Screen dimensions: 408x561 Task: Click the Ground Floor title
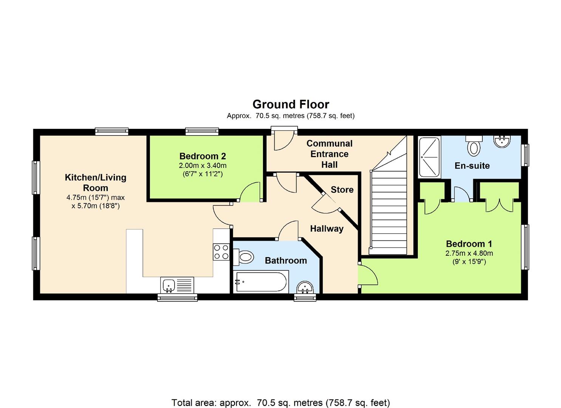[x=291, y=104]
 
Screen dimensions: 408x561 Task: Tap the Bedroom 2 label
[x=202, y=156]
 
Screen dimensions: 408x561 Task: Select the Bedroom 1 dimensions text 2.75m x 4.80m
[x=469, y=253]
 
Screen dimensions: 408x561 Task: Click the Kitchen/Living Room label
[x=96, y=182]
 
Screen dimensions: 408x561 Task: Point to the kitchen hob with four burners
[x=221, y=252]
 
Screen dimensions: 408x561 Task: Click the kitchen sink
[x=168, y=284]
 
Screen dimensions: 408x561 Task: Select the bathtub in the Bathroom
[x=261, y=281]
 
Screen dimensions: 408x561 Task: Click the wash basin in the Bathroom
[x=305, y=288]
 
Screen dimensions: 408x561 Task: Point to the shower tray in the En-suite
[x=430, y=157]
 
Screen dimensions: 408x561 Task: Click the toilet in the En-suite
[x=473, y=147]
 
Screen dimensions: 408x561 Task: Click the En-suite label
[x=472, y=166]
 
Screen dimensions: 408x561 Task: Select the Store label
[x=342, y=190]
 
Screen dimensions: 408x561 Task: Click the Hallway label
[x=326, y=229]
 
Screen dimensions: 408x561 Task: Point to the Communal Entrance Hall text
[x=329, y=154]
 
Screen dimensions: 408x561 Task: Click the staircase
[x=389, y=212]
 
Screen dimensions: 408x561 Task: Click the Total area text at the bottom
[x=280, y=403]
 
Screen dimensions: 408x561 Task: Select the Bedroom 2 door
[x=249, y=193]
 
